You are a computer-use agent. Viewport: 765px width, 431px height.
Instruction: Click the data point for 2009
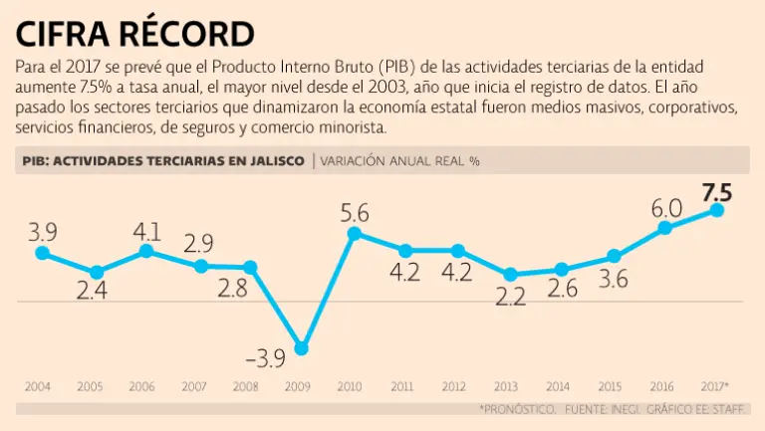click(302, 348)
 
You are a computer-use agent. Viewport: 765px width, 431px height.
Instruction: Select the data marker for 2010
click(354, 234)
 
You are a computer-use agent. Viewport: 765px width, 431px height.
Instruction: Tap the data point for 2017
click(716, 209)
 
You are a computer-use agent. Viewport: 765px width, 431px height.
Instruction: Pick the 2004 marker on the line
click(41, 253)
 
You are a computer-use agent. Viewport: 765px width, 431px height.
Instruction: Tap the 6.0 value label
click(665, 208)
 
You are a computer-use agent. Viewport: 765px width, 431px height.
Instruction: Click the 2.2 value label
click(510, 298)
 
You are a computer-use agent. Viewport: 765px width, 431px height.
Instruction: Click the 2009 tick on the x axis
click(298, 386)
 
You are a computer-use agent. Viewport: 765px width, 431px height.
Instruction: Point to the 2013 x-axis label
click(505, 386)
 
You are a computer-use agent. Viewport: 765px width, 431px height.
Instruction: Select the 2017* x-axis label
click(715, 386)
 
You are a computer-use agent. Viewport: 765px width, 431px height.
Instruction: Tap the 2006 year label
click(142, 386)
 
